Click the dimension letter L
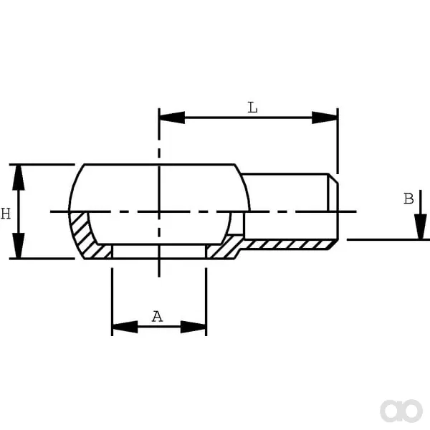252,107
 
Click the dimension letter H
6,214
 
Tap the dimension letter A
157,317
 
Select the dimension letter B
408,199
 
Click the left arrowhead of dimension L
172,118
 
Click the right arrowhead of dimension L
325,118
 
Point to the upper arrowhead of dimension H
19,178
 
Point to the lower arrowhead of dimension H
19,245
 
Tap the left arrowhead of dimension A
125,327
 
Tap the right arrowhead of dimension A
193,327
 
